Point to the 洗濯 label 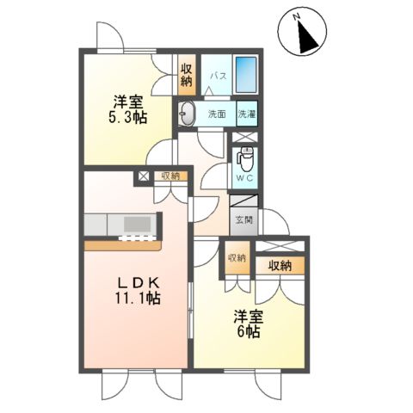pyautogui.click(x=247, y=114)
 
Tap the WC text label pyautogui.click(x=244, y=180)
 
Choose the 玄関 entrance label pyautogui.click(x=243, y=219)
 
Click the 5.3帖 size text pyautogui.click(x=126, y=117)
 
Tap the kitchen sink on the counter pyautogui.click(x=137, y=225)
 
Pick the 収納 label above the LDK pyautogui.click(x=171, y=177)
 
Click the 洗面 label pyautogui.click(x=217, y=114)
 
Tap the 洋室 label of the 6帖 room pyautogui.click(x=250, y=315)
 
